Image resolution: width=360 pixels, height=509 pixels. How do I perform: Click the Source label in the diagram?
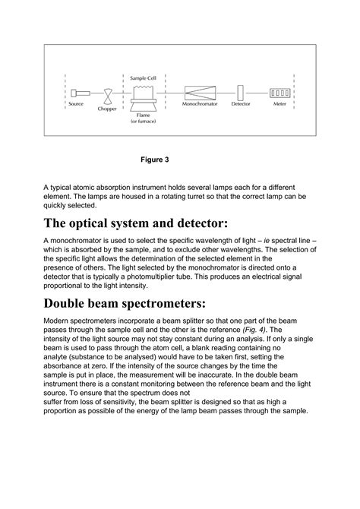tap(76, 103)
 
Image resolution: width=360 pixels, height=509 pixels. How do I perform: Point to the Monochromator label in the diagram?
tap(201, 103)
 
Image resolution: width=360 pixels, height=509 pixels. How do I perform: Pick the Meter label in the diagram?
tap(280, 103)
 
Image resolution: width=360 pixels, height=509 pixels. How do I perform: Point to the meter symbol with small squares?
tap(280, 93)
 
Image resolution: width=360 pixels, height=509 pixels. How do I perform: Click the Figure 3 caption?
tap(154, 160)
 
